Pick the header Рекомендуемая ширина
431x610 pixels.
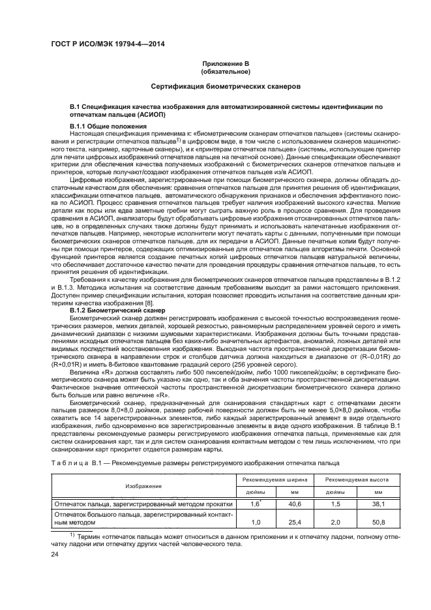point(273,480)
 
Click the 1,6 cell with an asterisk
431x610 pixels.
point(256,504)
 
